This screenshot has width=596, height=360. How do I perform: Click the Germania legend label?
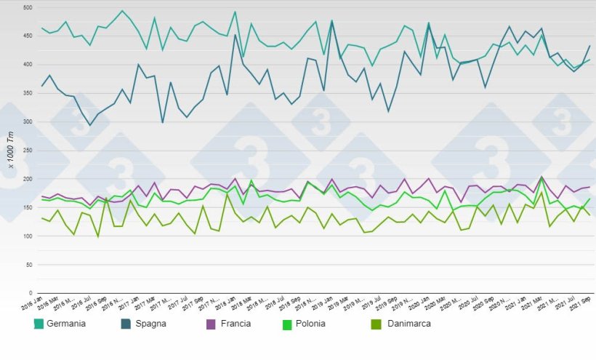pyautogui.click(x=66, y=323)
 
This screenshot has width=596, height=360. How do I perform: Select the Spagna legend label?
pyautogui.click(x=150, y=323)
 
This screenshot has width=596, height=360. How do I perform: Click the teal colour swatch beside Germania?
pyautogui.click(x=39, y=323)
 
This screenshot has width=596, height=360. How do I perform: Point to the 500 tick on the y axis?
pyautogui.click(x=28, y=7)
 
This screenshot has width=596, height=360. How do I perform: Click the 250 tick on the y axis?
pyautogui.click(x=28, y=151)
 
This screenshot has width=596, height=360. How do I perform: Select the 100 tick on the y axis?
pyautogui.click(x=28, y=236)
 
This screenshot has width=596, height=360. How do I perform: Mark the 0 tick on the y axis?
pyautogui.click(x=31, y=294)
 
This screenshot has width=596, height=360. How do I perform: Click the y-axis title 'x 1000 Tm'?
pyautogui.click(x=11, y=151)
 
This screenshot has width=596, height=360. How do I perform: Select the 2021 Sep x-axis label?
pyautogui.click(x=579, y=304)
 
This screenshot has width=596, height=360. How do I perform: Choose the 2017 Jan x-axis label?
pyautogui.click(x=129, y=304)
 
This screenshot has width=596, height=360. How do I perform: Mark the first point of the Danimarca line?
pyautogui.click(x=42, y=218)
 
